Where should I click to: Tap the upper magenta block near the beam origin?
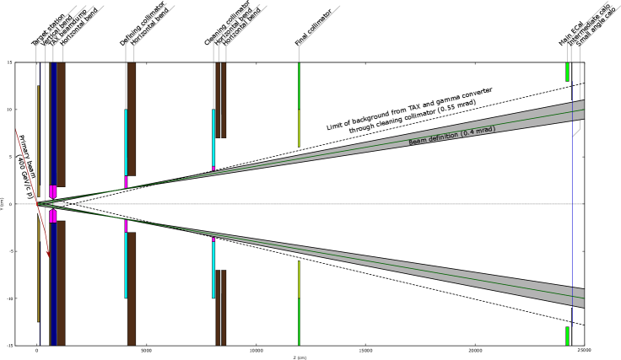pos(52,191)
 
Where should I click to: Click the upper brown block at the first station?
pos(61,123)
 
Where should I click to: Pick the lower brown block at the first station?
pos(61,282)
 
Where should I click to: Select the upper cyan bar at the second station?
pos(126,142)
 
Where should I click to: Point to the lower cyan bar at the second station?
pos(126,264)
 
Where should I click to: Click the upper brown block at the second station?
pos(131,118)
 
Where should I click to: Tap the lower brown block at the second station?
pos(131,288)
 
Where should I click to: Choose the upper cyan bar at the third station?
pos(213,137)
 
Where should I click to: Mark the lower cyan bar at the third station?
pos(213,269)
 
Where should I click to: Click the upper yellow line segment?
pos(299,127)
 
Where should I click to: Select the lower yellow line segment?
pos(299,278)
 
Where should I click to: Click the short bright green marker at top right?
pos(567,72)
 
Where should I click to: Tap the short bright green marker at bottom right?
pos(567,336)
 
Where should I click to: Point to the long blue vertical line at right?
pos(572,202)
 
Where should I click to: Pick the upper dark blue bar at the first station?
pos(54,123)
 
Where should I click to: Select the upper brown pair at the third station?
pos(220,99)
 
